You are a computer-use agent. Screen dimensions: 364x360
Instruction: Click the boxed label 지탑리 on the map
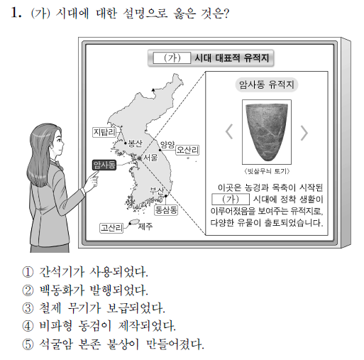(x=104, y=132)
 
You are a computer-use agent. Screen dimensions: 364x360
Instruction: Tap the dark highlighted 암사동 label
(x=104, y=165)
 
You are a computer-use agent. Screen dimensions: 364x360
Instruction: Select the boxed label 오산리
(x=187, y=150)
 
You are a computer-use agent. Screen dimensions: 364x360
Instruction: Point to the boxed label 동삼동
(x=166, y=210)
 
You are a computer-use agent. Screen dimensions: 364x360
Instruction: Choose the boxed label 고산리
(x=111, y=228)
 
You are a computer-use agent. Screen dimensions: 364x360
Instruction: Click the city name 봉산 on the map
(x=135, y=143)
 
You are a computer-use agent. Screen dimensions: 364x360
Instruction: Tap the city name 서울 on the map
(x=150, y=157)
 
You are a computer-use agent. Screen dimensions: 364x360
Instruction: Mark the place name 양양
(x=167, y=145)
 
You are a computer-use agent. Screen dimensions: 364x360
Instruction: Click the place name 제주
(x=145, y=227)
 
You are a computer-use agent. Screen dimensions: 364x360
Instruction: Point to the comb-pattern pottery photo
(x=267, y=132)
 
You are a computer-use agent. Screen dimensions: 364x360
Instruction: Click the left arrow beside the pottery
(x=229, y=131)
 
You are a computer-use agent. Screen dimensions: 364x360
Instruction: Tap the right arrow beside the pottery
(x=304, y=133)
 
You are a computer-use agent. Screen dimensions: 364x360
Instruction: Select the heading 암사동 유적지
(x=267, y=84)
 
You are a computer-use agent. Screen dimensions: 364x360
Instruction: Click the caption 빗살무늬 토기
(x=267, y=171)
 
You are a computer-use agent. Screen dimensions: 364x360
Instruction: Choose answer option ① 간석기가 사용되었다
(x=85, y=272)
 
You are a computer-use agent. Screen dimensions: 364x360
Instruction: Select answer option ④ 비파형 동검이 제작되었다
(x=99, y=326)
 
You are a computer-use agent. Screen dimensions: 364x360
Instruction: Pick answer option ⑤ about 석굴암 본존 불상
(x=113, y=344)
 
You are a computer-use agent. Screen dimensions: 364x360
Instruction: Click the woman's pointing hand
(x=92, y=181)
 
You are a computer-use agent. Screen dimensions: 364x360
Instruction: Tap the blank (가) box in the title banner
(x=172, y=58)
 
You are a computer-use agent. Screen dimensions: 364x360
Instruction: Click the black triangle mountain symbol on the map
(x=153, y=89)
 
